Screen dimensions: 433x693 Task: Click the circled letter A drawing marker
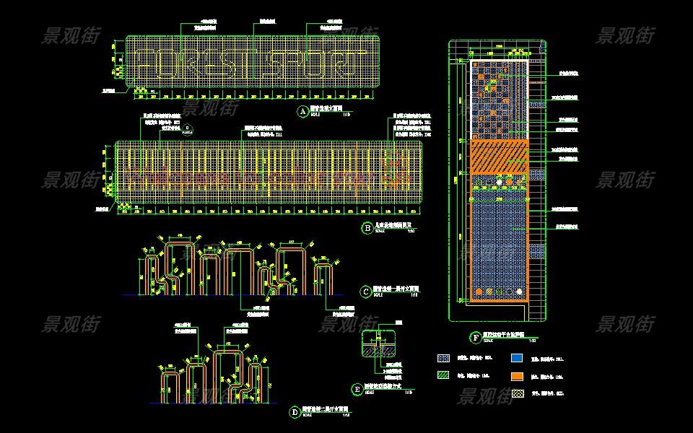(303, 111)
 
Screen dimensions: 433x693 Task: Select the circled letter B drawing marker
(367, 228)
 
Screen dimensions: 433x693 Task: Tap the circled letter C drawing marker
(367, 292)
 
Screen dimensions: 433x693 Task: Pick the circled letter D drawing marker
(295, 412)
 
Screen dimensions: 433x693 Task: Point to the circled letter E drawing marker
(357, 389)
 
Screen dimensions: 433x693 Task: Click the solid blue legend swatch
(516, 357)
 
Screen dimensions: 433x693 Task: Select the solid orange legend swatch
(516, 376)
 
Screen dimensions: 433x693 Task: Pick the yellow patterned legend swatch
(516, 394)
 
